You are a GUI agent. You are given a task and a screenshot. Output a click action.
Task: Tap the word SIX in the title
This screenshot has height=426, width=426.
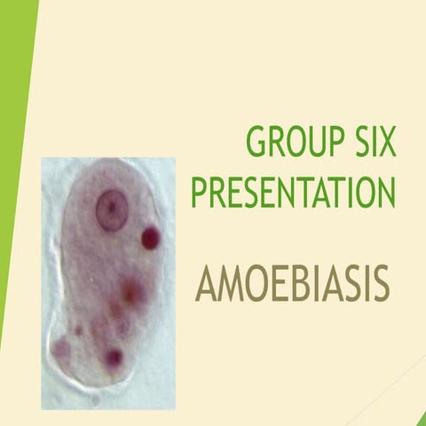(x=372, y=143)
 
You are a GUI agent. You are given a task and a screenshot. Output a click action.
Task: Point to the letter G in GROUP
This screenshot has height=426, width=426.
(x=257, y=143)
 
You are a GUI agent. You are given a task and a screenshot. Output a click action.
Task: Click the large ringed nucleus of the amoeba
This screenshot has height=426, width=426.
(x=111, y=209)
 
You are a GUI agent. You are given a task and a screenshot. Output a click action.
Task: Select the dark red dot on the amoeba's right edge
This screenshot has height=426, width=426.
(x=151, y=237)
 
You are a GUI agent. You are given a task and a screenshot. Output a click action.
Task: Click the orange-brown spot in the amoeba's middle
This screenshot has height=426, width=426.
(x=130, y=289)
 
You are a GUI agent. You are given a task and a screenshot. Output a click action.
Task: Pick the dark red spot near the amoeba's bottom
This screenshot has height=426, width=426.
(x=114, y=357)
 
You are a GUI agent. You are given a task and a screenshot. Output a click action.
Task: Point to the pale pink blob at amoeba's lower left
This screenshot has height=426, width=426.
(x=61, y=348)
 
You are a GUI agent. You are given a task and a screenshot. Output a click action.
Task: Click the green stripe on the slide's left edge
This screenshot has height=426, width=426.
(x=13, y=133)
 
